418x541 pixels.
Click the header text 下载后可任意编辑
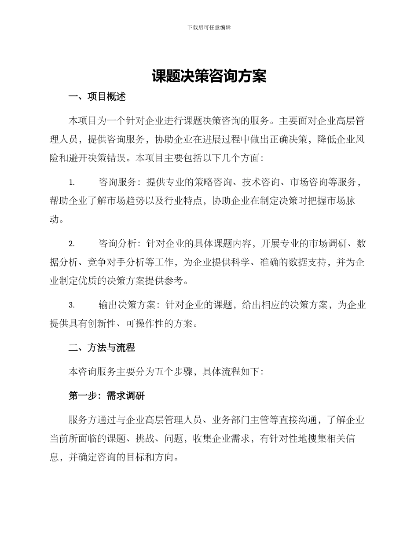pos(209,27)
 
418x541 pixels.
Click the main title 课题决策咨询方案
pos(209,76)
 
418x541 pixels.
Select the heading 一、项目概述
pos(97,97)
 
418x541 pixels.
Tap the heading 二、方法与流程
pos(102,348)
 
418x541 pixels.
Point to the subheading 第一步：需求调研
pos(106,396)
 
